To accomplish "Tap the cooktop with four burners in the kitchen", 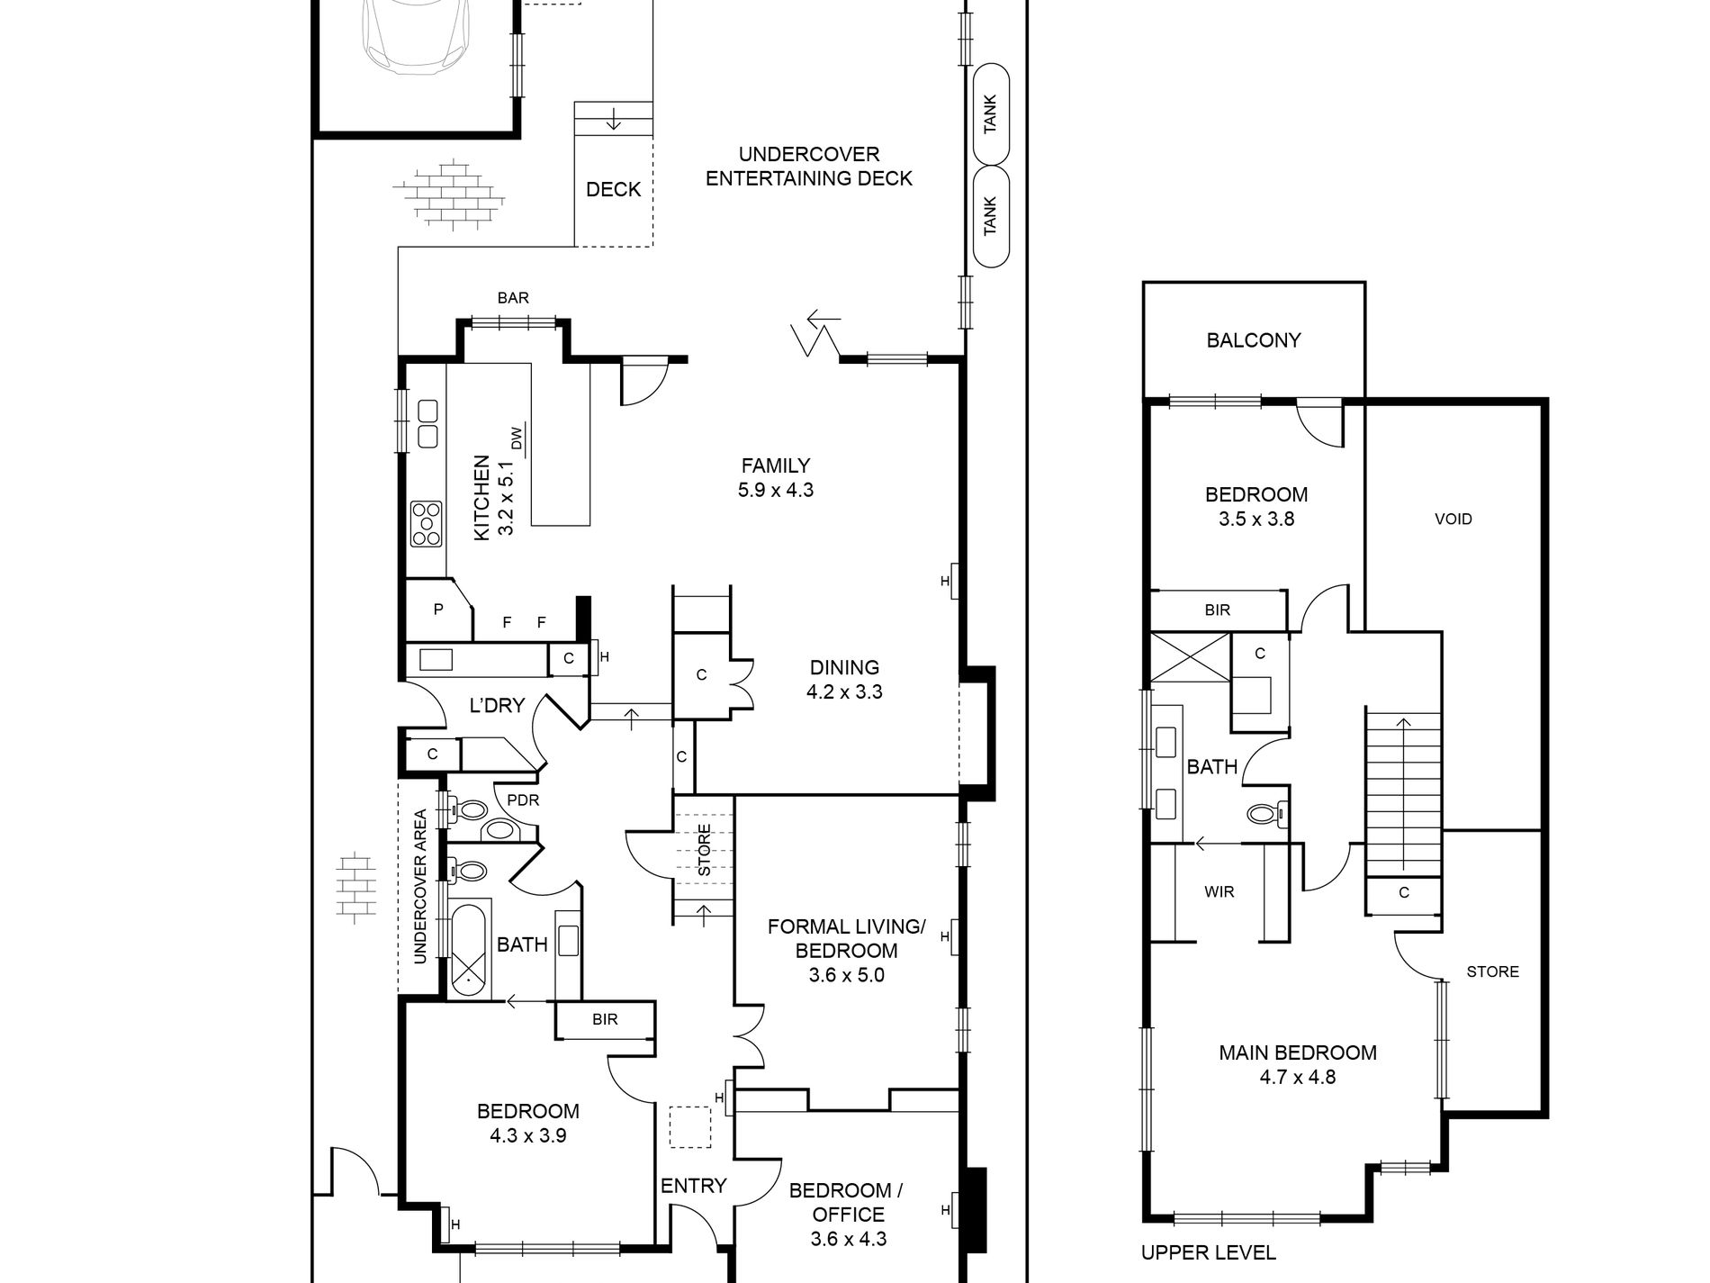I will (426, 524).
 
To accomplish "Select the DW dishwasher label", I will (517, 439).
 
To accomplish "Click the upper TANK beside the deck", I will (990, 114).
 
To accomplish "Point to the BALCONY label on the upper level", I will (1253, 340).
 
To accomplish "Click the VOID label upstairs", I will (1453, 519).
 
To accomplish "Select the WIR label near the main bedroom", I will (1219, 891).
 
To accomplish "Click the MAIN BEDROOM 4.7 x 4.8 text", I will (1297, 1063).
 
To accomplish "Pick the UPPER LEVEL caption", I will (1208, 1252).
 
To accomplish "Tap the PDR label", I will (523, 800).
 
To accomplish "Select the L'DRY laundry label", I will (497, 705).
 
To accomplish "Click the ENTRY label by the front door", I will (693, 1186).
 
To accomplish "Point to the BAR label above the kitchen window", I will (513, 298).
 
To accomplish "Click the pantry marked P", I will (438, 610).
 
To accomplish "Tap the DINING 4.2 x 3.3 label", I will (843, 679).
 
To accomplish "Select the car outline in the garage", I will (416, 36).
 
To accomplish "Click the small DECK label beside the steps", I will (613, 189).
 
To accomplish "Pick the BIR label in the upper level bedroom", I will (1217, 610).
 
